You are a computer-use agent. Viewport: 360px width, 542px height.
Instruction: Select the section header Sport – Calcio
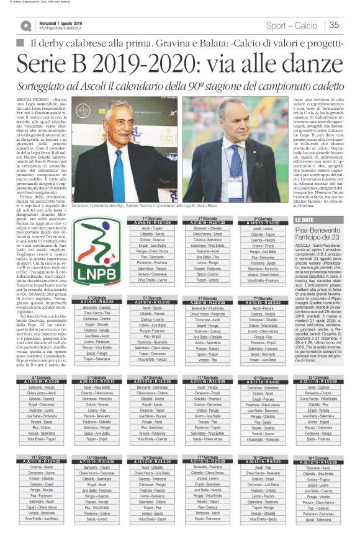coord(291,25)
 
